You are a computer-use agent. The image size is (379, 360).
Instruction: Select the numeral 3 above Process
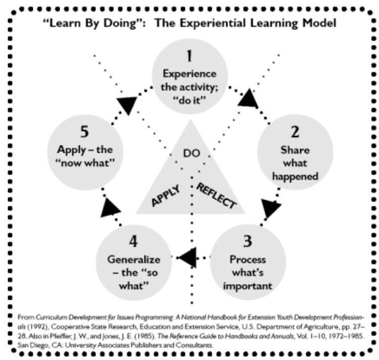[x=246, y=241]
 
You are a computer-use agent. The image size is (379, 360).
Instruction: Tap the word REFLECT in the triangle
[x=216, y=195]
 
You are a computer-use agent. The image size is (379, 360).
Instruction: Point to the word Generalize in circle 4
[x=133, y=259]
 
